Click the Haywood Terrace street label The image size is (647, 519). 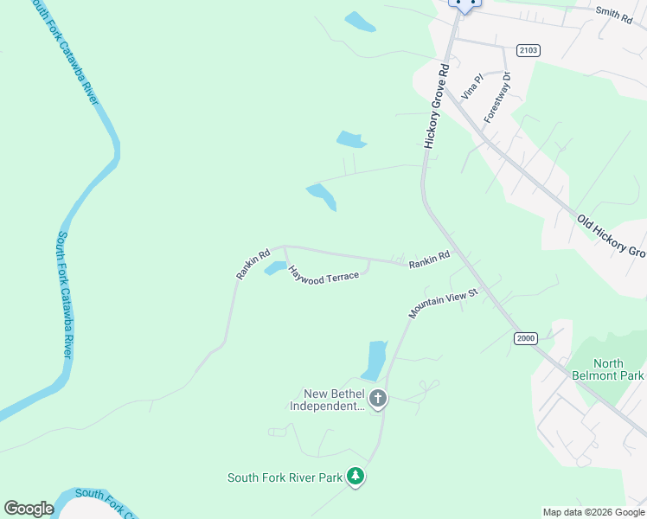[323, 277]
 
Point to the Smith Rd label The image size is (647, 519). [614, 11]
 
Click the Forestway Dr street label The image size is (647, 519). [498, 97]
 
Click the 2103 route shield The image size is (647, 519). [528, 50]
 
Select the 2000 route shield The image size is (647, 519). [526, 337]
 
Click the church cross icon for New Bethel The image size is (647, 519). [377, 399]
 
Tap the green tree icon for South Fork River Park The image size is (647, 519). [355, 476]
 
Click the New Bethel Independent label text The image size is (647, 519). [328, 400]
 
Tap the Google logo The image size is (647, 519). [29, 509]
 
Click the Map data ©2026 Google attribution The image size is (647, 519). [593, 512]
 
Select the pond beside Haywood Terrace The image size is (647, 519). [275, 268]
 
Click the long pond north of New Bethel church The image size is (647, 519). [376, 359]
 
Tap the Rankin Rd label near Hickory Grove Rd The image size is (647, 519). [430, 257]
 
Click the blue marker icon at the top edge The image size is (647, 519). [465, 4]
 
